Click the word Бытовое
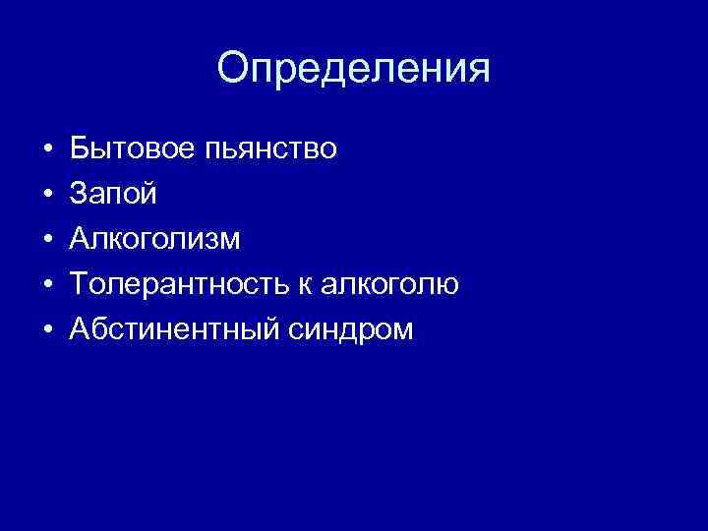point(131,149)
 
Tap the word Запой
point(112,195)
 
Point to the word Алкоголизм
point(154,240)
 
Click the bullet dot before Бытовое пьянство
point(48,150)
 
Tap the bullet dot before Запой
point(48,196)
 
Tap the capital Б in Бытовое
point(80,149)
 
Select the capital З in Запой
point(79,195)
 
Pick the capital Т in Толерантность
point(80,285)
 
